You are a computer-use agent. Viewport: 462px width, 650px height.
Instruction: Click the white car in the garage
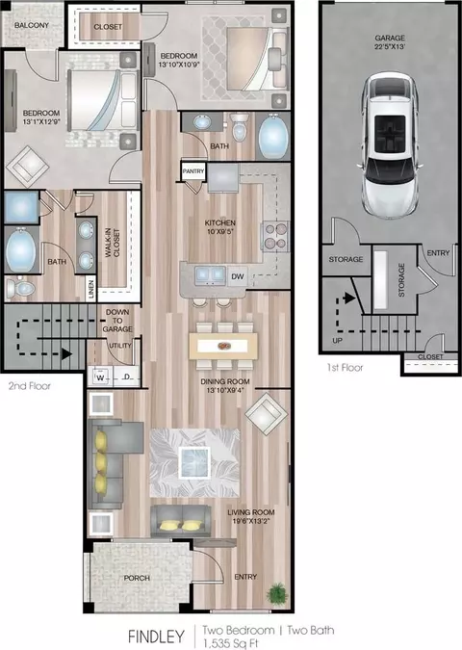pos(389,145)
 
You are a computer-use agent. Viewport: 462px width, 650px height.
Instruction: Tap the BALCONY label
pos(32,25)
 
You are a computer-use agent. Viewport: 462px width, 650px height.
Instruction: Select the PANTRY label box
pos(193,171)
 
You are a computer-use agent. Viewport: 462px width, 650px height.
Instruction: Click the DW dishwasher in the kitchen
pos(238,276)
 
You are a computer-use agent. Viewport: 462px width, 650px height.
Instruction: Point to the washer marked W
pos(100,377)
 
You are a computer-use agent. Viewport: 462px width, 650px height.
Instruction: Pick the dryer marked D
pos(127,377)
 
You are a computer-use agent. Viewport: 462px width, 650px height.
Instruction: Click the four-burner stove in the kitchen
pos(275,236)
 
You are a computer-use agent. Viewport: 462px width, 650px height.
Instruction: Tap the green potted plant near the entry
pos(277,593)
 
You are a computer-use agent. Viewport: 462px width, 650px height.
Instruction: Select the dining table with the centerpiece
pos(223,346)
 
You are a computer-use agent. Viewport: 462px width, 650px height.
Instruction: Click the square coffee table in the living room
pos(194,462)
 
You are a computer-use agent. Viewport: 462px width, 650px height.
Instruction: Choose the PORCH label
pos(137,578)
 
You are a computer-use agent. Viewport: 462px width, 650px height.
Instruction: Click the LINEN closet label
pos(91,289)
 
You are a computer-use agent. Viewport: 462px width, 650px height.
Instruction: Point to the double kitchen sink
pos(211,275)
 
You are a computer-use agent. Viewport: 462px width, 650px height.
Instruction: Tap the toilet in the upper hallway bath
pos(239,127)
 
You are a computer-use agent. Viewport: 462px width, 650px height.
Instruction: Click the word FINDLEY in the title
pos(156,637)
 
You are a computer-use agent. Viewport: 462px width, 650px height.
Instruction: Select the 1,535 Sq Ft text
pos(231,644)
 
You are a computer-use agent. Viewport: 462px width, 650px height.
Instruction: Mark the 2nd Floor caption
pos(30,386)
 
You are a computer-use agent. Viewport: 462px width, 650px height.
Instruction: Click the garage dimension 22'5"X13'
pos(390,47)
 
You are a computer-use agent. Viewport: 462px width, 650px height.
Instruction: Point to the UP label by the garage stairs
pos(338,341)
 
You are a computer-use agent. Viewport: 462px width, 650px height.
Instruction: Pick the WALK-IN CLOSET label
pos(113,243)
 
